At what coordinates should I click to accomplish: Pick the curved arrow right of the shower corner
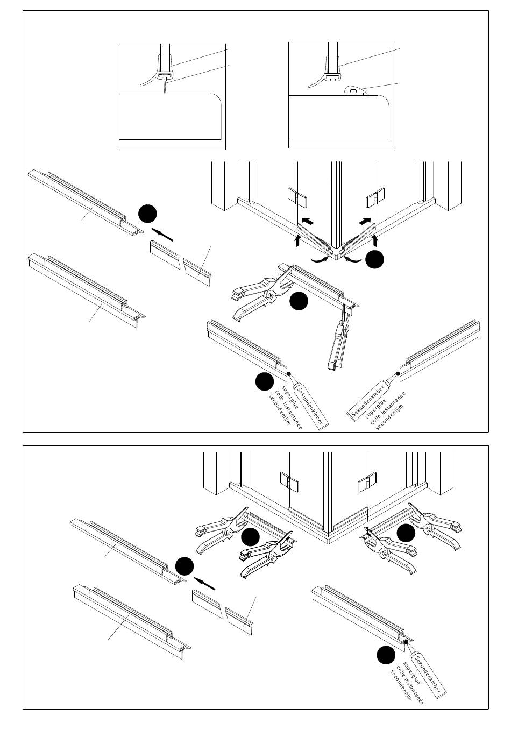point(352,260)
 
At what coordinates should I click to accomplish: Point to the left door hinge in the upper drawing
point(297,197)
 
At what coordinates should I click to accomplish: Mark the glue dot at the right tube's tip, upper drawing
point(398,373)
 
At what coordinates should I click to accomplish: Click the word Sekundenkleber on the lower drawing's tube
point(428,675)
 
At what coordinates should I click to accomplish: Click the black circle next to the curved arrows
point(375,260)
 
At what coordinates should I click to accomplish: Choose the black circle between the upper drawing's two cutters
point(299,301)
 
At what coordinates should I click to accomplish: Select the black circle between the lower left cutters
point(251,537)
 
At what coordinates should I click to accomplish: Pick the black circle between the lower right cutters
point(406,533)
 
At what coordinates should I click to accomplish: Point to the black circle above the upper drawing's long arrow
point(147,214)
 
